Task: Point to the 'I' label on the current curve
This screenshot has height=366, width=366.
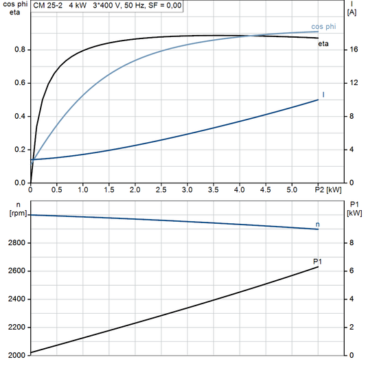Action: click(323, 93)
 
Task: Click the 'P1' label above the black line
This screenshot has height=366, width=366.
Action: click(317, 261)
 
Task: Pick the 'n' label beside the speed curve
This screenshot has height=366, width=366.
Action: click(317, 224)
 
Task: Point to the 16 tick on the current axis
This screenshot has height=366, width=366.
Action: click(353, 50)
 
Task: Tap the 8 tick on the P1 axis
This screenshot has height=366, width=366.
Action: click(352, 243)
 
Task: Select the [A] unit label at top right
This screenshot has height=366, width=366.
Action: click(352, 12)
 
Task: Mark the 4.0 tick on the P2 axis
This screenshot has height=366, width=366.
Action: click(239, 190)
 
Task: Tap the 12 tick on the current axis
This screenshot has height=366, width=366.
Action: click(353, 83)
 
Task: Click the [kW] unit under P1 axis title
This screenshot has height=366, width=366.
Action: click(354, 213)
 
